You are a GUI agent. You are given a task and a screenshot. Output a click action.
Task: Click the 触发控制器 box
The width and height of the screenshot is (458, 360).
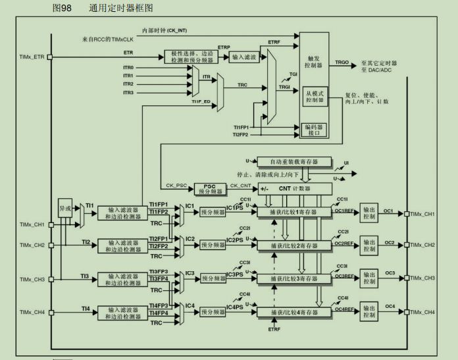[314, 63]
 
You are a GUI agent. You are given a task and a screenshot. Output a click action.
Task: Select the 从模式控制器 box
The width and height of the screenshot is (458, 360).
[315, 97]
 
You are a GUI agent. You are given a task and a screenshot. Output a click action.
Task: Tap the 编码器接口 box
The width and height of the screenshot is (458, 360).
[315, 130]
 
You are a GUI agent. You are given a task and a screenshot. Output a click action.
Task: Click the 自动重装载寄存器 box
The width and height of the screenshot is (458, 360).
[293, 162]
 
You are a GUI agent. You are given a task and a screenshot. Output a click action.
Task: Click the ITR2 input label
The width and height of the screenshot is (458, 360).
[128, 84]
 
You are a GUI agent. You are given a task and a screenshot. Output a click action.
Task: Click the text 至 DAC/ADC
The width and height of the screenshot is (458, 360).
[377, 70]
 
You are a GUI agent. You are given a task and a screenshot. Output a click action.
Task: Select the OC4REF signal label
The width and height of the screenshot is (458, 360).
[344, 309]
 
